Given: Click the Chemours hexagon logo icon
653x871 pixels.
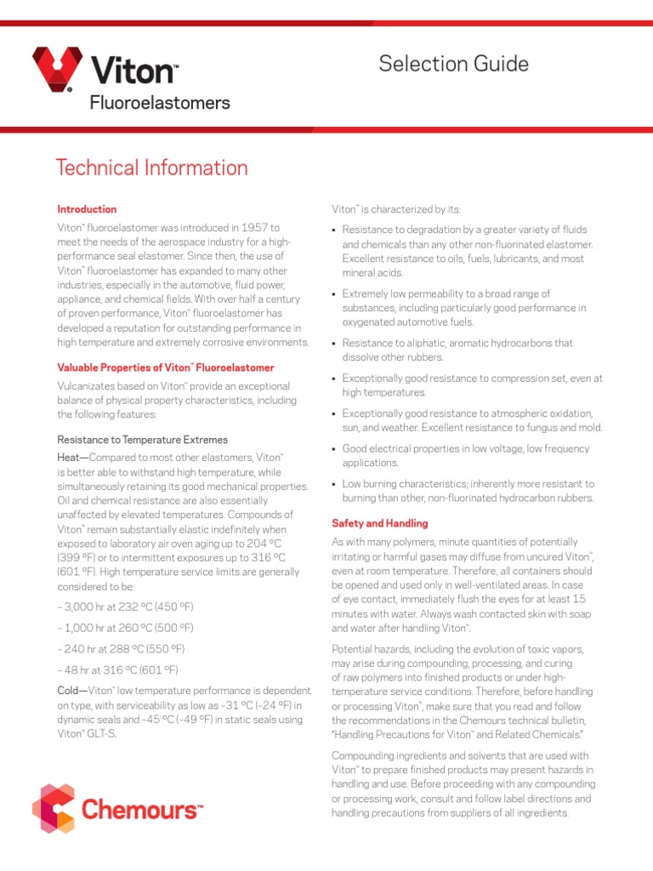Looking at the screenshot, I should (x=54, y=808).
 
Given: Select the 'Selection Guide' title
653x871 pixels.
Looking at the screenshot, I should (x=453, y=64).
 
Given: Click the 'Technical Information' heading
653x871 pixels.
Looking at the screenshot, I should (x=151, y=168).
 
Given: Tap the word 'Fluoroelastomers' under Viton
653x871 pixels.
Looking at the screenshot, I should (x=160, y=103).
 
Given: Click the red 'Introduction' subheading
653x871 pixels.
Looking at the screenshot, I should (x=87, y=209).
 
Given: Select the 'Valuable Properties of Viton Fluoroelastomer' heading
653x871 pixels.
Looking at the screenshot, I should (x=165, y=367).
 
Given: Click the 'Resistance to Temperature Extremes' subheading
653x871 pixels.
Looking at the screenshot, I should (x=142, y=440).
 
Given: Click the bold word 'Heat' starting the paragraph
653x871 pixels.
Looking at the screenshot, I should (x=71, y=458).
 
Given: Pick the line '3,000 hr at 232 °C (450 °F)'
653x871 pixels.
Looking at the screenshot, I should (x=126, y=606).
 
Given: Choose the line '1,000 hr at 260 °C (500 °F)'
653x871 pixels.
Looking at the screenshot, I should (x=126, y=628).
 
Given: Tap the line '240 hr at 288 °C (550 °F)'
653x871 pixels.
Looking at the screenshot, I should (x=122, y=648).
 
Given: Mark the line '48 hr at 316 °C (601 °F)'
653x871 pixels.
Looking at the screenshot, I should (x=118, y=669).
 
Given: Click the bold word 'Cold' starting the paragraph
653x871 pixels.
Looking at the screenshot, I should (x=71, y=691).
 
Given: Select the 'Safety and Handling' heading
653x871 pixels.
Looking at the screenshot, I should (x=379, y=523).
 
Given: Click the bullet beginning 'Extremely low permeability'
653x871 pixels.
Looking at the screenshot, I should (x=463, y=308).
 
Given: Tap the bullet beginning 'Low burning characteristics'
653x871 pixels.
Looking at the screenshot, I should (x=468, y=491).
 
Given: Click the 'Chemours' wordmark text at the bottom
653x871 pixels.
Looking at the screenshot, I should (x=143, y=810).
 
